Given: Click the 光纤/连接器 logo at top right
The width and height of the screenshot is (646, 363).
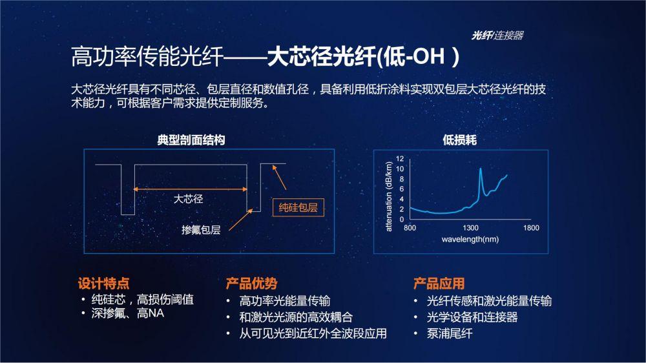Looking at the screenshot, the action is point(497,36).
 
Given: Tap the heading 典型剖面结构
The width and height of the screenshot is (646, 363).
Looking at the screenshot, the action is point(191,140).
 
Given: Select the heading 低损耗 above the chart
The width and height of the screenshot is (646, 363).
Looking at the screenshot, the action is point(459,140).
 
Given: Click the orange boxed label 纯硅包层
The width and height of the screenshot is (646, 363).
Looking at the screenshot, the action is point(298,207).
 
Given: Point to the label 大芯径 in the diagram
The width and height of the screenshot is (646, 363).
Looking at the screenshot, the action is point(188,199).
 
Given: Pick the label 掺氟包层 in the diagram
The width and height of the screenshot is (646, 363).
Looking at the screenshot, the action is point(201,229).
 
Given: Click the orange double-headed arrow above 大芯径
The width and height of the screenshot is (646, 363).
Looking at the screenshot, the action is point(191,189).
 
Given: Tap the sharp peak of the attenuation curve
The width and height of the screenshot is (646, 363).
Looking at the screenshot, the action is point(481,169).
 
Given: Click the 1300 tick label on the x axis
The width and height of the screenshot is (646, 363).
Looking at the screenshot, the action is point(470,228).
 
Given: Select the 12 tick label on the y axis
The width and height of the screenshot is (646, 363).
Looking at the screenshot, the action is point(400,159).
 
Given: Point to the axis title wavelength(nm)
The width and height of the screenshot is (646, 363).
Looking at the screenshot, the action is point(470,240).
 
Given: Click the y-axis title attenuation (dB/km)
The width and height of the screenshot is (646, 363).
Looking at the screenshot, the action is point(388,196).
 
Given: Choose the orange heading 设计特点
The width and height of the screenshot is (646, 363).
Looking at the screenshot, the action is point(103,284).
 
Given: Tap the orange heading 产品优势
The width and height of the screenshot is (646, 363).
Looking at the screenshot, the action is point(251,284).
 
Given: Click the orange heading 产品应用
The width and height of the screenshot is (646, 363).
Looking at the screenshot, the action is point(439,284).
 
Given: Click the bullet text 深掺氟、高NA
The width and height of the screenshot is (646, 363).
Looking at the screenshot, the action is point(128,313).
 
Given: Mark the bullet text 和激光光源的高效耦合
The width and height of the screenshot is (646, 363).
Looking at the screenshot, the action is point(296,317).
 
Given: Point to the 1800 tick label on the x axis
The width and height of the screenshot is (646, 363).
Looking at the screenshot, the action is point(531,228).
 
